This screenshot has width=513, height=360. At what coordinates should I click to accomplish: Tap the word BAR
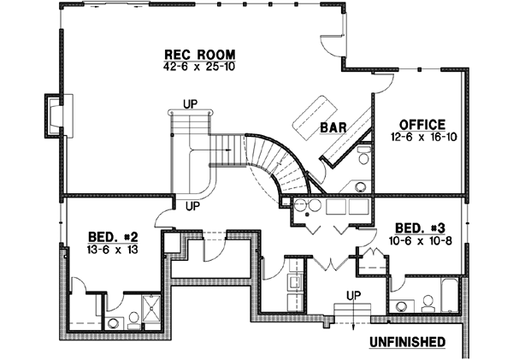coord(333,128)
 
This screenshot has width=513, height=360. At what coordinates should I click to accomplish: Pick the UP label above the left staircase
coord(190,105)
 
